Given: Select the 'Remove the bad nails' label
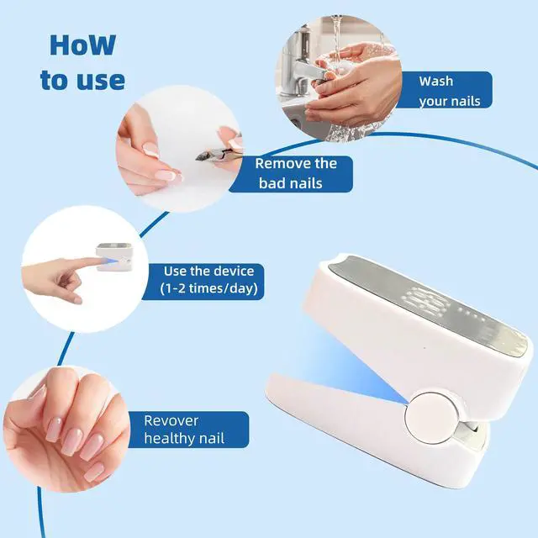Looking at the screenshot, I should click(296, 173).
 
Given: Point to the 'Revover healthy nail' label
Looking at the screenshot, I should click(183, 430).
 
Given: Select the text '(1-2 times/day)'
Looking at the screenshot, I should click(208, 290).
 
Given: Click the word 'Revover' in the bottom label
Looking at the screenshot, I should click(171, 420).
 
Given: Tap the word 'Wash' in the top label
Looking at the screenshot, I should click(436, 82).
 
